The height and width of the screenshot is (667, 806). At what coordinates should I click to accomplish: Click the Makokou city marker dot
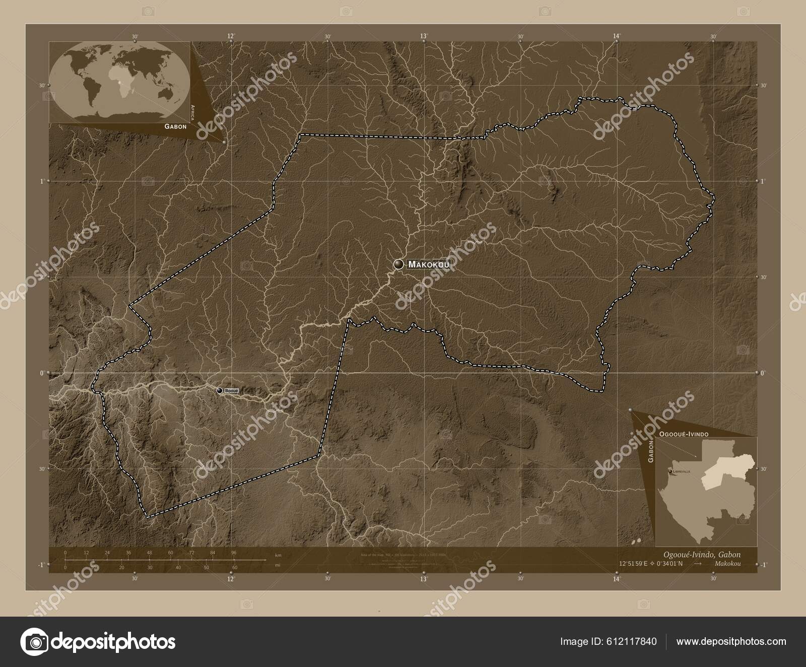(399, 264)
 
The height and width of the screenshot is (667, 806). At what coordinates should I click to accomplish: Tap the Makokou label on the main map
(429, 264)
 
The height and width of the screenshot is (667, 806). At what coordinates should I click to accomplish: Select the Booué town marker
(220, 390)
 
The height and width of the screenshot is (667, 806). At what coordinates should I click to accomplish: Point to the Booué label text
(231, 390)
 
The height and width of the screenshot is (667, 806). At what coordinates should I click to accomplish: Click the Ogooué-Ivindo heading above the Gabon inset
(684, 434)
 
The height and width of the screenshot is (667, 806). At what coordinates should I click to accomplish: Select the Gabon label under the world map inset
(175, 127)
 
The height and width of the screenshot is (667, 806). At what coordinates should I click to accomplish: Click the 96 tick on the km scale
(234, 553)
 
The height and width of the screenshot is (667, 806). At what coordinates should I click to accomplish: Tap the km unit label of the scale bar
(278, 555)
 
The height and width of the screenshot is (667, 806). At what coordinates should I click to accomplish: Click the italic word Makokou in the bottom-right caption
(727, 563)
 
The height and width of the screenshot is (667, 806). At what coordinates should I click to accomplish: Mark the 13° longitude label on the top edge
(424, 36)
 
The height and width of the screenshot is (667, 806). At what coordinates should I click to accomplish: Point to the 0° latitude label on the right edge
(763, 373)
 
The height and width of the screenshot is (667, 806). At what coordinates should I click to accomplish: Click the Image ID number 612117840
(633, 641)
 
